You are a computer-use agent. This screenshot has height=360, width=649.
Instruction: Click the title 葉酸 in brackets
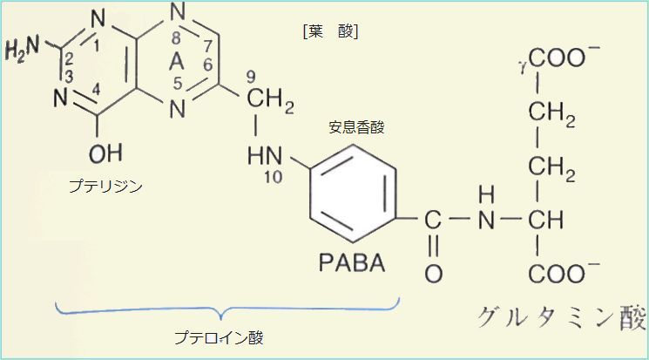(x=331, y=31)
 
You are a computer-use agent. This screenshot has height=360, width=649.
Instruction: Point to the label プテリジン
(x=105, y=186)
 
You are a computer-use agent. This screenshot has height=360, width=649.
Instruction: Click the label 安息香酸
(x=356, y=127)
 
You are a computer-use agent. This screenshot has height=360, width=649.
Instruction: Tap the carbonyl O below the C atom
(x=433, y=272)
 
